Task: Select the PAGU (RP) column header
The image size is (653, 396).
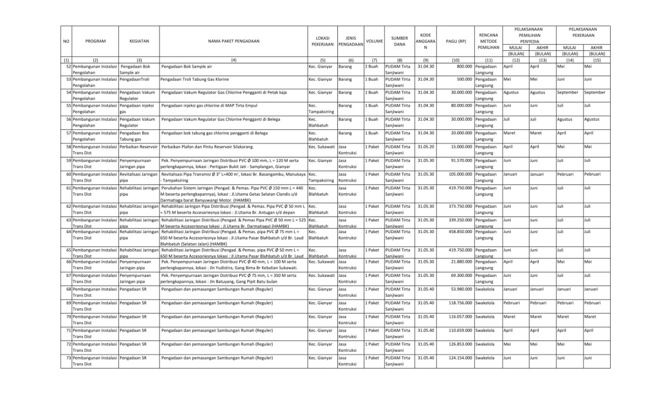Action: [456, 41]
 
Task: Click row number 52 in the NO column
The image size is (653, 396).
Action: [68, 66]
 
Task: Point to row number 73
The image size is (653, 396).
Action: [68, 358]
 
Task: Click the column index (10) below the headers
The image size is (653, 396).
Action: [456, 60]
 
